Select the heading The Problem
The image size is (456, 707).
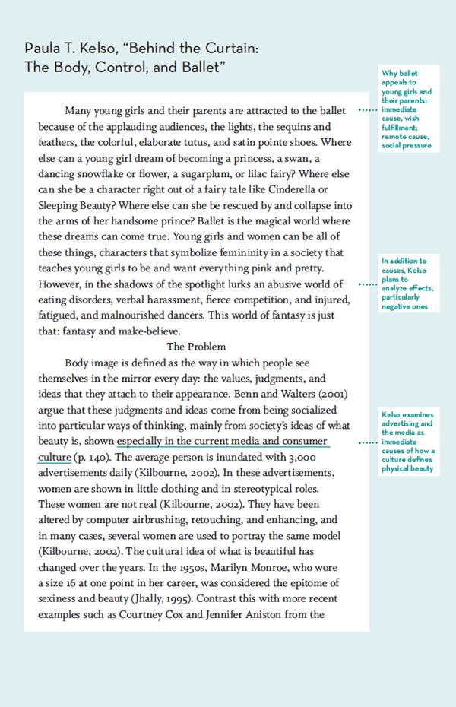pyautogui.click(x=196, y=346)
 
